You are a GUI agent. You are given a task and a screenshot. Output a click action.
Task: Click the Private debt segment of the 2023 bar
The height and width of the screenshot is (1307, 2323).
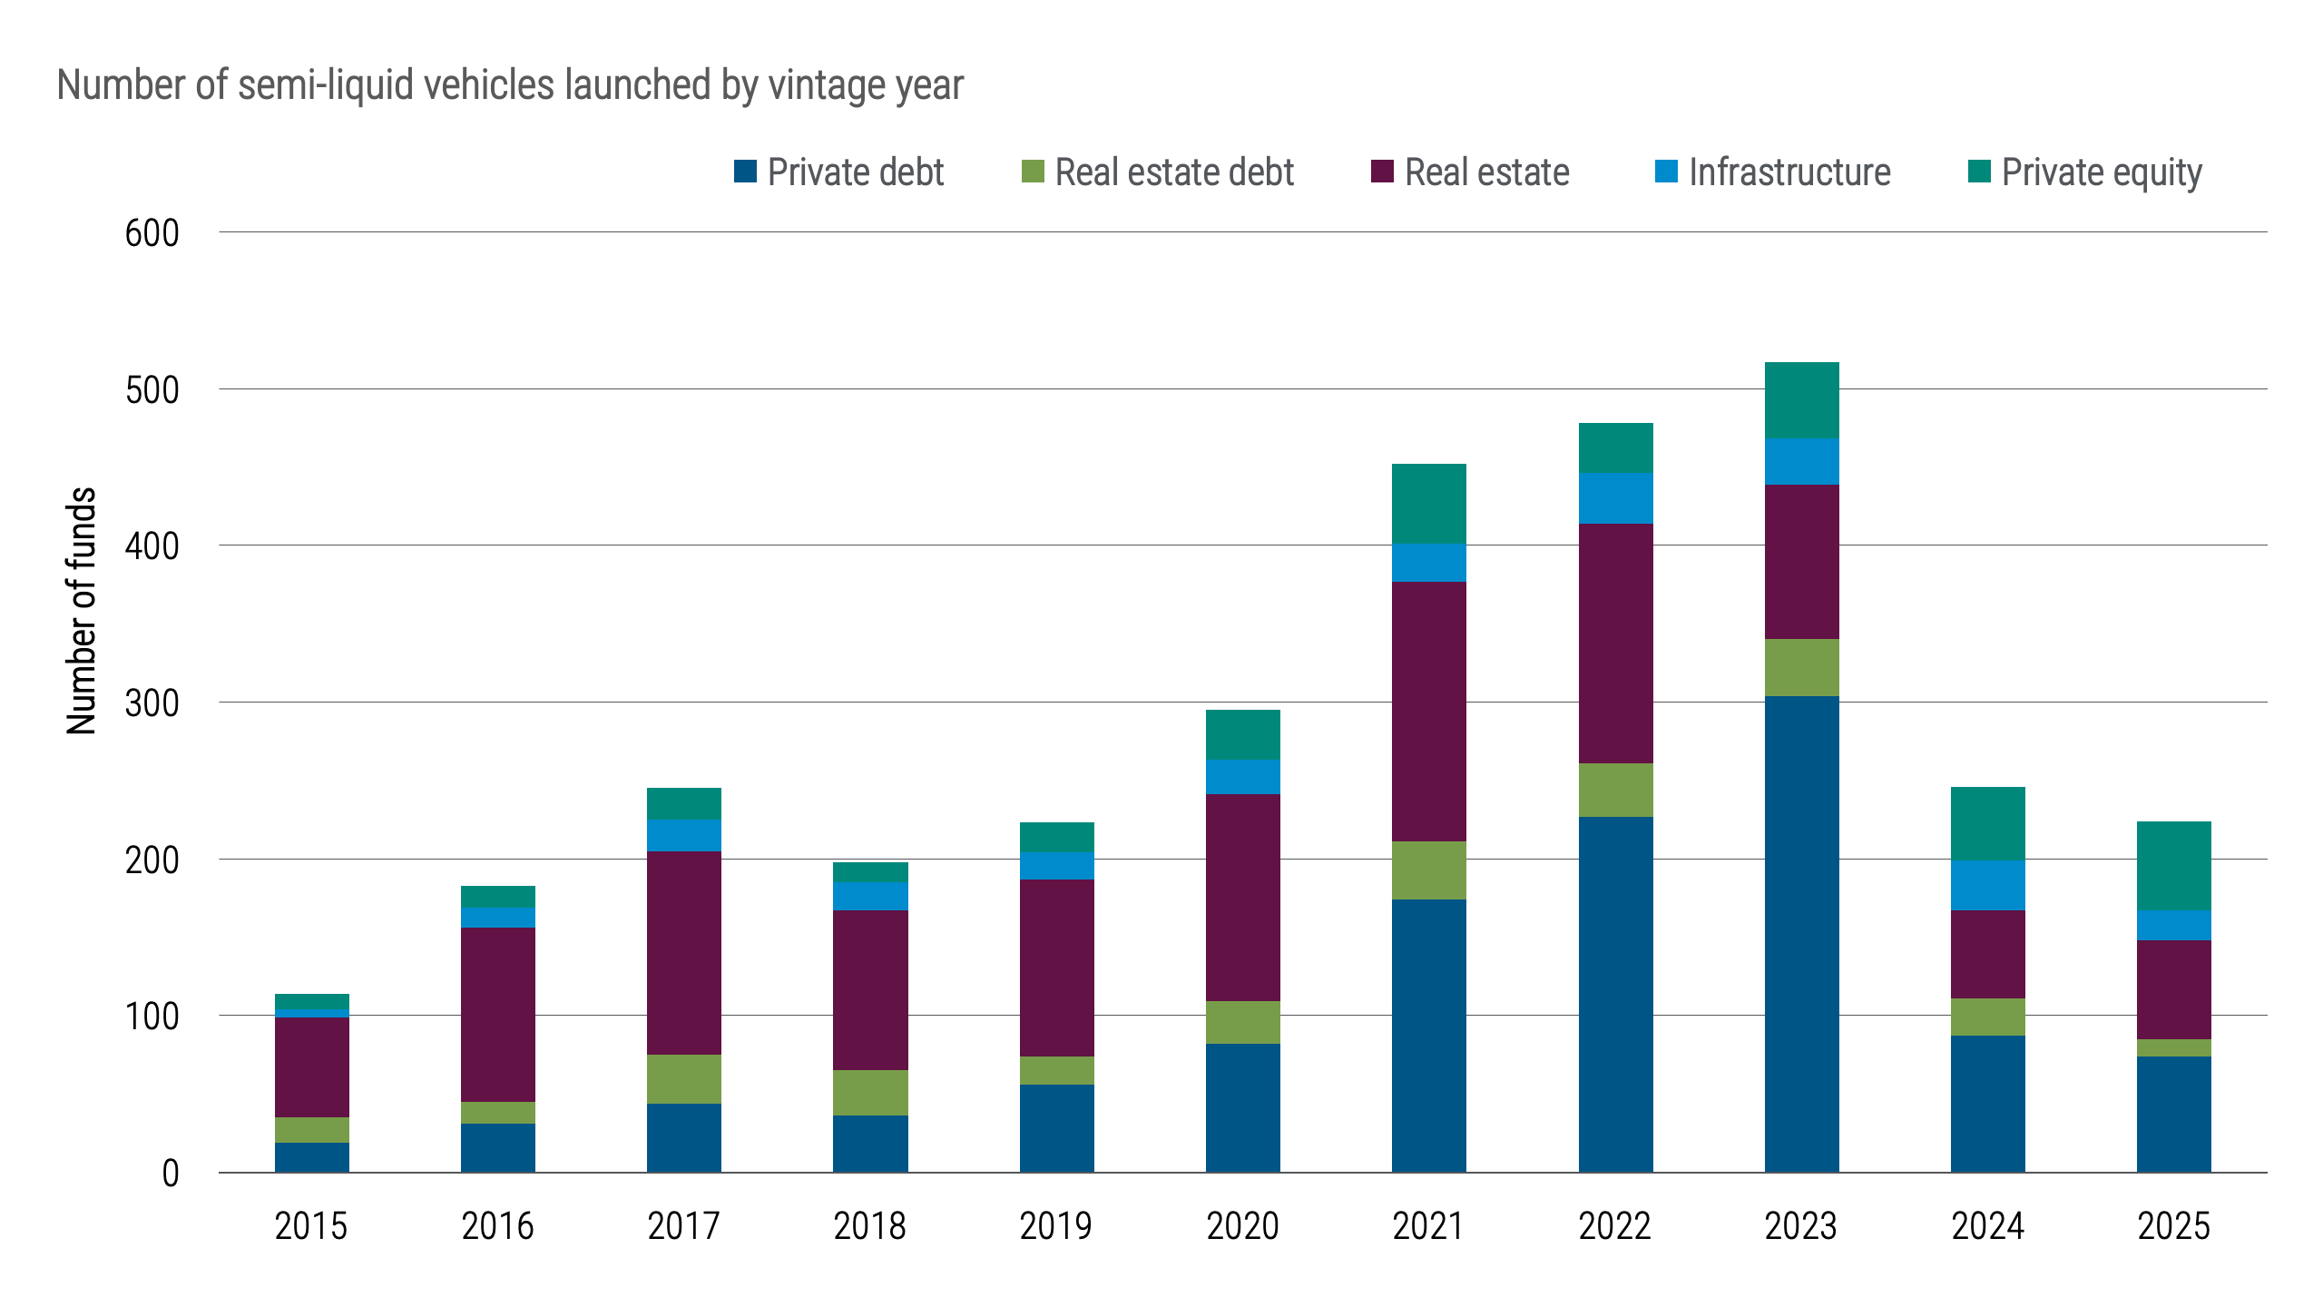coord(1801,935)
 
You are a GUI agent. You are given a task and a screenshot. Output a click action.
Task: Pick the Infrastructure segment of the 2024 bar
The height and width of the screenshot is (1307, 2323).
coord(1987,885)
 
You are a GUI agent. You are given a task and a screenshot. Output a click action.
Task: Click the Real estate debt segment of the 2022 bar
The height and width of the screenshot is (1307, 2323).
coord(1615,790)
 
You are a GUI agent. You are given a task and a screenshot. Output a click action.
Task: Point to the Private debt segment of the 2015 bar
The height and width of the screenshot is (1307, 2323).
coord(311,1157)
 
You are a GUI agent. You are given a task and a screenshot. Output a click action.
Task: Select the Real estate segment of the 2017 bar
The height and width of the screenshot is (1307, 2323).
coord(683,952)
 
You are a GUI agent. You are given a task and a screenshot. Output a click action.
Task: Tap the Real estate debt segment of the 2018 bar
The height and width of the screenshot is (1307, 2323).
coord(870,1092)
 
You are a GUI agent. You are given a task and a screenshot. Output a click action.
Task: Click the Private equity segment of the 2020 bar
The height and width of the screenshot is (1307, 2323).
coord(1242,734)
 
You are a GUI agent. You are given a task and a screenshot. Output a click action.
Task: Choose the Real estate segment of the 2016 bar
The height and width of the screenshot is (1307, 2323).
coord(497,1014)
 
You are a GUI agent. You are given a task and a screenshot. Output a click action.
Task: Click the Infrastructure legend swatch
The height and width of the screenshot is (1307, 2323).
coord(1666,172)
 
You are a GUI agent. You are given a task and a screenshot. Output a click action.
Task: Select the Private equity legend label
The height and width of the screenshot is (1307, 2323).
coord(2101,172)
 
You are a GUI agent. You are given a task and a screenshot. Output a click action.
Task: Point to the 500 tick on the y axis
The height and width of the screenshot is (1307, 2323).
coord(152,390)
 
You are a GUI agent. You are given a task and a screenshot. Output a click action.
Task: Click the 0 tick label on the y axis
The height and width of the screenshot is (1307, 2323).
coord(171,1174)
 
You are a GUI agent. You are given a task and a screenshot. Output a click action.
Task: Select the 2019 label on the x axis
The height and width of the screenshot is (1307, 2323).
coord(1056,1226)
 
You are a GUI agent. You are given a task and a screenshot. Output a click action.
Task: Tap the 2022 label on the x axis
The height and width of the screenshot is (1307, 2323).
coord(1614,1226)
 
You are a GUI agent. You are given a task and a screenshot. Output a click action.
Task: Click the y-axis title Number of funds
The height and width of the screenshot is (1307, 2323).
coord(82,610)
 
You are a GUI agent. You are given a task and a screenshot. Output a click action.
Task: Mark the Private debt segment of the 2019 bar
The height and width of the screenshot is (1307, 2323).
coord(1056,1128)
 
